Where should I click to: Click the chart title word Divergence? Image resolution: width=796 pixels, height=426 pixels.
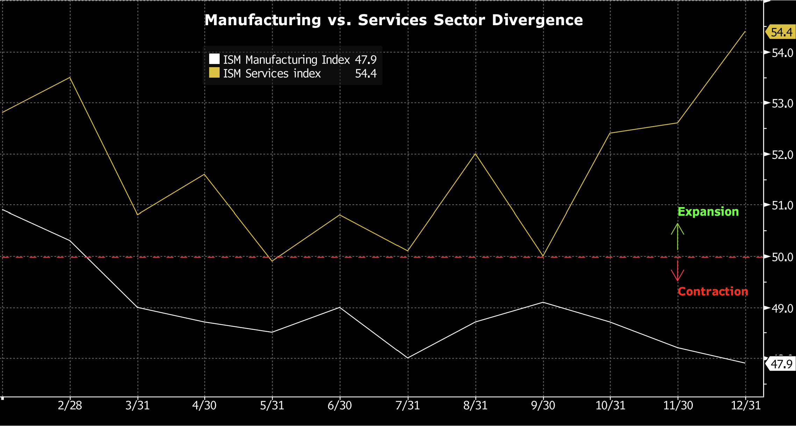coord(537,20)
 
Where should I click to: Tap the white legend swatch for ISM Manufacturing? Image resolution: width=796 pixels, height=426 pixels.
coord(214,59)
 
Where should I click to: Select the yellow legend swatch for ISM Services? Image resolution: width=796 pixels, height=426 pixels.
coord(214,73)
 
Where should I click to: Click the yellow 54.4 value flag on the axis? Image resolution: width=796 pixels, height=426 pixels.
coord(781,32)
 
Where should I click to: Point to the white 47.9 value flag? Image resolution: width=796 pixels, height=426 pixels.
coord(781,364)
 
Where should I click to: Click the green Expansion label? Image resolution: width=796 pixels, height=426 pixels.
coord(708,212)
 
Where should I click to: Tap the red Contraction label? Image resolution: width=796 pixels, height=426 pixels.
coord(713,291)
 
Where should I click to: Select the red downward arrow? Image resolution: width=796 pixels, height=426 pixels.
coord(677,271)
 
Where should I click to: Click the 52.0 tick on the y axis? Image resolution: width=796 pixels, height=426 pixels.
coord(783,154)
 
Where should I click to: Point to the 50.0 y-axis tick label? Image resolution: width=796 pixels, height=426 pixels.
coord(783,257)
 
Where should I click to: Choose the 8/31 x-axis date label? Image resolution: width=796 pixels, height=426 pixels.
coord(475,405)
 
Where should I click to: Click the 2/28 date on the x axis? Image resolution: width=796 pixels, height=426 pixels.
coord(70,405)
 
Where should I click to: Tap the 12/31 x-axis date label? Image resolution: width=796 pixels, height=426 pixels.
coord(746,405)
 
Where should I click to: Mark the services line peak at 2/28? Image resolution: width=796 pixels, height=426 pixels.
coord(70,77)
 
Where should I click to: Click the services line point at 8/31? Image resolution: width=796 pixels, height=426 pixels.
coord(475,154)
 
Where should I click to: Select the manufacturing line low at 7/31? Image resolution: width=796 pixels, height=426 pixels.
coord(408,358)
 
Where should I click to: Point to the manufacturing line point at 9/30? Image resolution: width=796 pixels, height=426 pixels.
coord(543,302)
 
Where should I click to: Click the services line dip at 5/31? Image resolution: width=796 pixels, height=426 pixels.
coord(272,261)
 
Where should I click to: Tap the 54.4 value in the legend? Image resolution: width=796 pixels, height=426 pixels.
coord(366,73)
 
